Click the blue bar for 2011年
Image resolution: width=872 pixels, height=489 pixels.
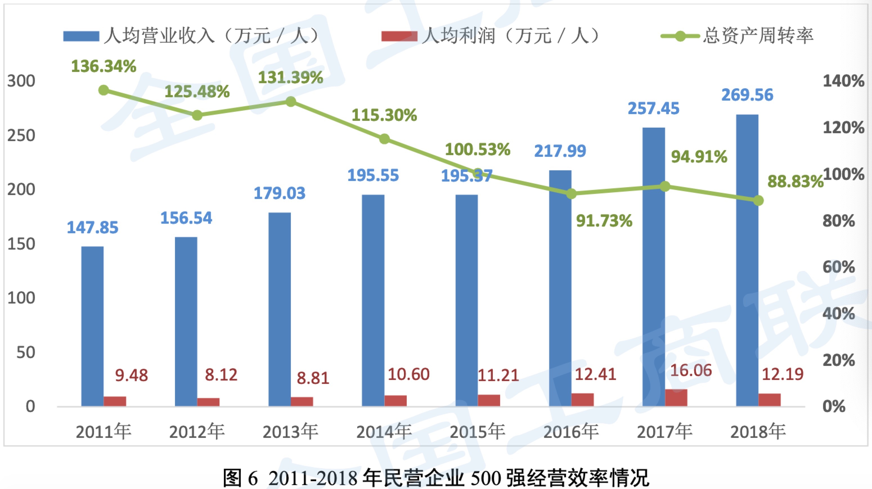(93, 326)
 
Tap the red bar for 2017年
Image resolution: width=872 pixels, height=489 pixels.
(676, 397)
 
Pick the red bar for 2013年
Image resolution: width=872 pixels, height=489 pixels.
(302, 401)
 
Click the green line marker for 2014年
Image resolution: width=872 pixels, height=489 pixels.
(384, 139)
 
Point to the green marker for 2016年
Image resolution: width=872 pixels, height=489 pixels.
(571, 194)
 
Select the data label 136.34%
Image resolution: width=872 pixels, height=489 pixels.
(104, 66)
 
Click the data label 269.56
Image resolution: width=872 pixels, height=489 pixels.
(747, 95)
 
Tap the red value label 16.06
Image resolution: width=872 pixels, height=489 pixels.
(691, 371)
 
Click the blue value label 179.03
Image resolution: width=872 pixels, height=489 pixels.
(279, 193)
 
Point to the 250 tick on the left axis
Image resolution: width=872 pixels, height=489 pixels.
(21, 136)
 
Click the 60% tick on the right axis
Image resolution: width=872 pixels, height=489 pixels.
(843, 267)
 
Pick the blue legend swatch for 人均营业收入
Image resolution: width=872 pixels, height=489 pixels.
(81, 36)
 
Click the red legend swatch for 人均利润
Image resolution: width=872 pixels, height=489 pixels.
(399, 36)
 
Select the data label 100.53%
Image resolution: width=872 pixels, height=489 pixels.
(477, 150)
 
